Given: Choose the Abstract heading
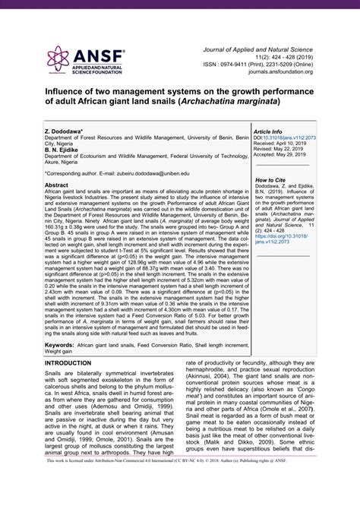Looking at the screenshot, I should (x=61, y=185).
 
